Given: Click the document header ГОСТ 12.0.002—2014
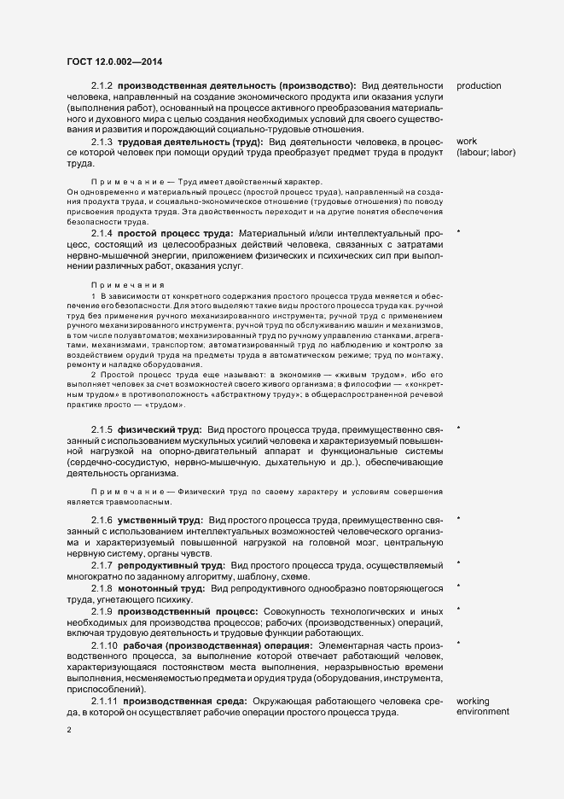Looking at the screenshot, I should [114, 61].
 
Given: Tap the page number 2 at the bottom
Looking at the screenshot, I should [69, 730].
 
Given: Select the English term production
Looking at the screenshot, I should [479, 86].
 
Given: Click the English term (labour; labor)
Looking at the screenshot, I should [486, 152].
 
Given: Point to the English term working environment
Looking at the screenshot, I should [483, 706].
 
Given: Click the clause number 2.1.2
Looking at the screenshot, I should [102, 86].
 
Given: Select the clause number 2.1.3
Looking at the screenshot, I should [102, 141].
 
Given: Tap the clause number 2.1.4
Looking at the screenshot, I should [102, 233].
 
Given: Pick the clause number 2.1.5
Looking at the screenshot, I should [102, 428].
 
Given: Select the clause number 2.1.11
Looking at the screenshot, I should [105, 701].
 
